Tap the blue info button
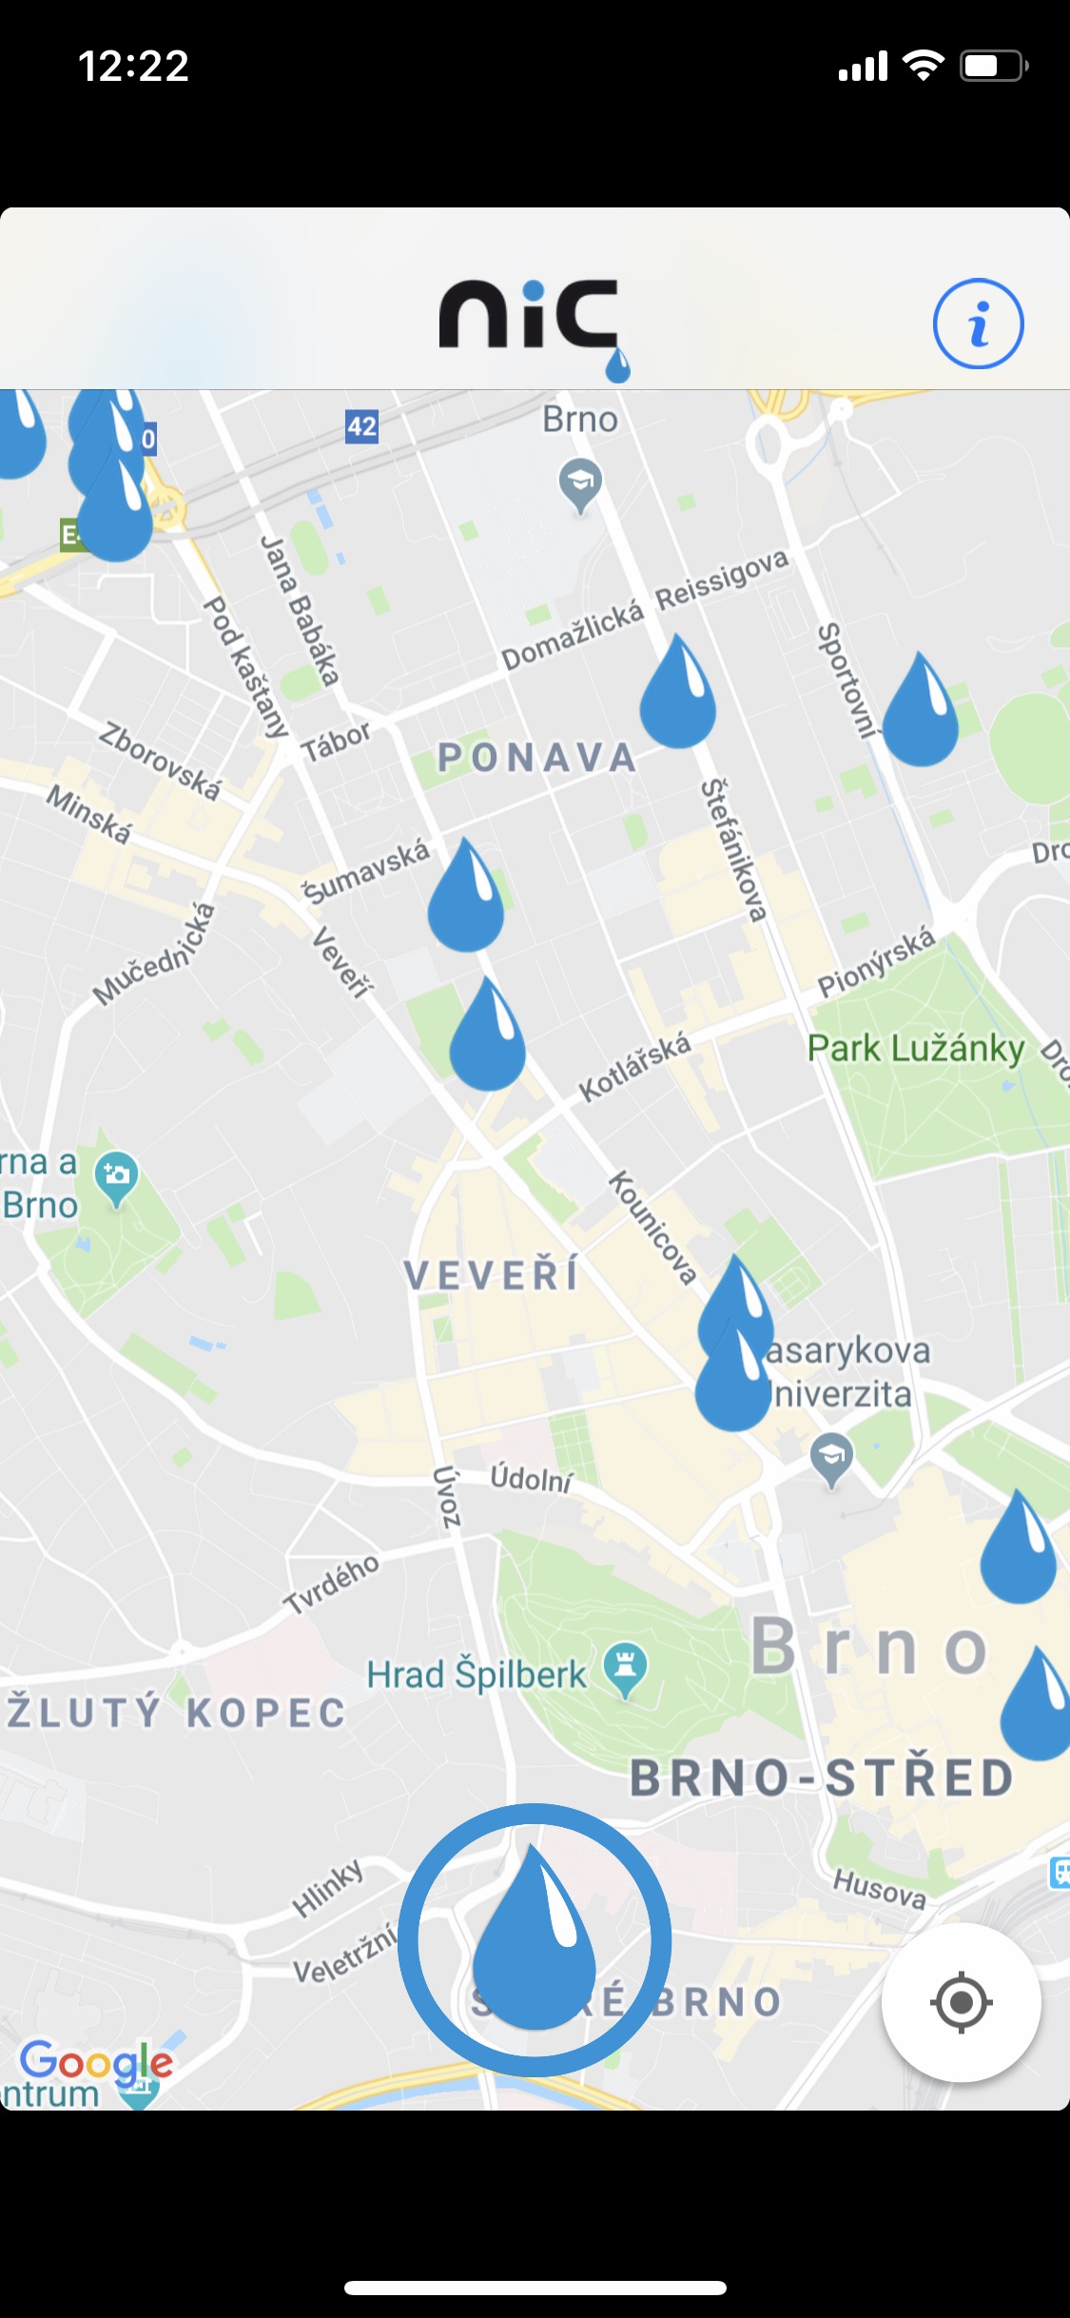pyautogui.click(x=978, y=324)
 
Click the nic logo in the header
pyautogui.click(x=531, y=319)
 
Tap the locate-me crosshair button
pyautogui.click(x=961, y=2002)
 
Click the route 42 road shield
pyautogui.click(x=361, y=425)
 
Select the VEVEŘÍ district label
pyautogui.click(x=492, y=1275)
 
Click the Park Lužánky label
pyautogui.click(x=915, y=1049)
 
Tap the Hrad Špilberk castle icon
pyautogui.click(x=625, y=1668)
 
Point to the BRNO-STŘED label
pyautogui.click(x=823, y=1778)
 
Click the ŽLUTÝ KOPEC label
pyautogui.click(x=176, y=1713)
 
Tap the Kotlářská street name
pyautogui.click(x=634, y=1068)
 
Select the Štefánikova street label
pyautogui.click(x=733, y=850)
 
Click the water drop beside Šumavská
pyautogui.click(x=465, y=897)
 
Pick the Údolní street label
pyautogui.click(x=532, y=1478)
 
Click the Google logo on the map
pyautogui.click(x=96, y=2061)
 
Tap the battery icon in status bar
pyautogui.click(x=993, y=66)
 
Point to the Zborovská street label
pyautogui.click(x=160, y=761)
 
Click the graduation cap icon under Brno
pyautogui.click(x=579, y=482)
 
